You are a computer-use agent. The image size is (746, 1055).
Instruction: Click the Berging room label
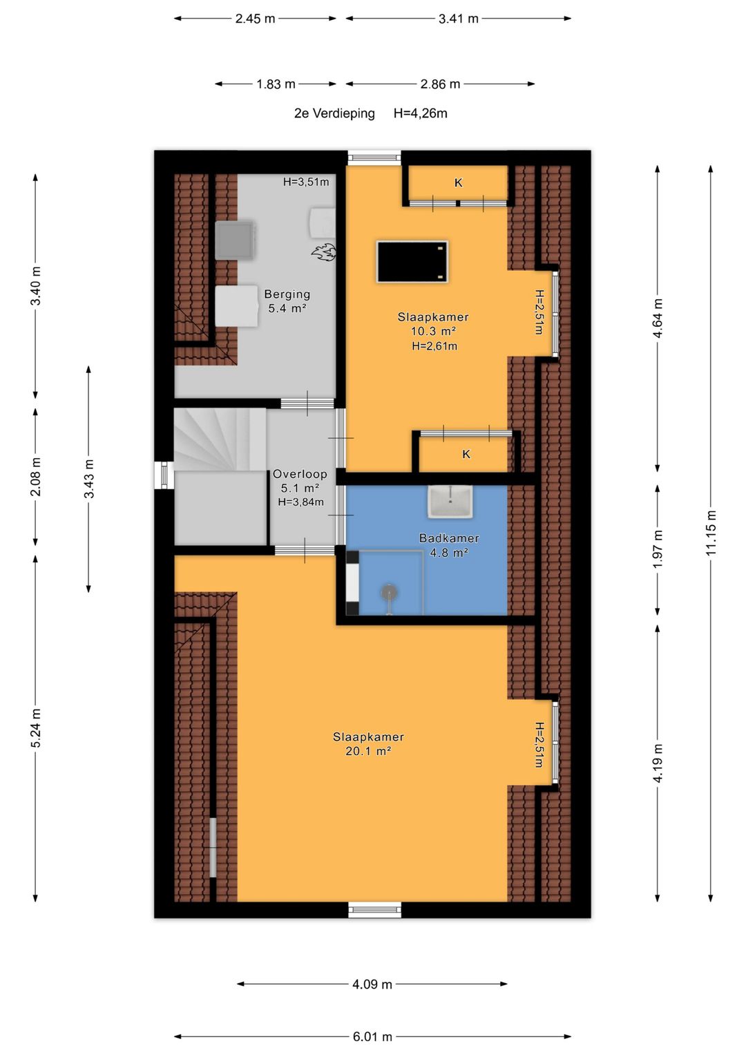tap(287, 294)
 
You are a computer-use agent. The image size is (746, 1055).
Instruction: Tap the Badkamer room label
tap(449, 538)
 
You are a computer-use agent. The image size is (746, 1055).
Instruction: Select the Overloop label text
tap(300, 474)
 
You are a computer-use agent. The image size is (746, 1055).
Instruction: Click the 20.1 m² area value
tap(368, 751)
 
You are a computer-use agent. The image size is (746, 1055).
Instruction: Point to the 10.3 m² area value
tap(433, 331)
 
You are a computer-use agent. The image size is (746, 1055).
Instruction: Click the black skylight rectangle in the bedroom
tap(412, 261)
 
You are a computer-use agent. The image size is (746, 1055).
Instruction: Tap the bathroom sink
tap(450, 501)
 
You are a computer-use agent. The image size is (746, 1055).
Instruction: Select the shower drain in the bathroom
tap(389, 592)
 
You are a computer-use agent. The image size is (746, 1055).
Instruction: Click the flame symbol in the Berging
tap(323, 252)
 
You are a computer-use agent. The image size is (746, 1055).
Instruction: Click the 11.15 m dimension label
tap(711, 532)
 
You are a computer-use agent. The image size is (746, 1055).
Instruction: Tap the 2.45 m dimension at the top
tap(255, 19)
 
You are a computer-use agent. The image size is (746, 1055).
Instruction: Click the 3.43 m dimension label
tap(89, 479)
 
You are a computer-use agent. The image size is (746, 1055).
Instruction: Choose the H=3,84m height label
tap(300, 502)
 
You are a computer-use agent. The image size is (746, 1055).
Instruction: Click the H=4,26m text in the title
tap(420, 113)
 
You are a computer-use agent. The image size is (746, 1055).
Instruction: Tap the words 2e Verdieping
tap(334, 113)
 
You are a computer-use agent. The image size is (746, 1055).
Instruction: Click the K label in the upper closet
tap(458, 182)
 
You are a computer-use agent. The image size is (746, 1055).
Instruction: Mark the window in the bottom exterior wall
tap(375, 909)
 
